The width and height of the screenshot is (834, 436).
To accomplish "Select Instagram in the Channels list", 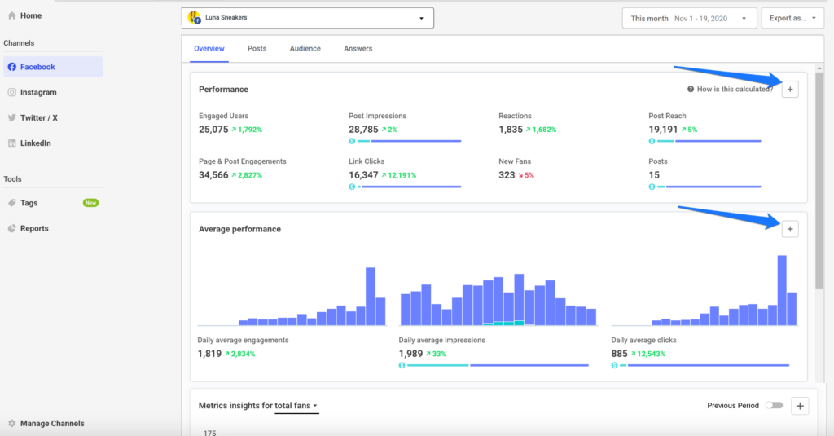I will tap(37, 92).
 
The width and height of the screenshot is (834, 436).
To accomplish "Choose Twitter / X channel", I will tap(38, 117).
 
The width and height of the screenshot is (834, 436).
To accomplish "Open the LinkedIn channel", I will tap(35, 143).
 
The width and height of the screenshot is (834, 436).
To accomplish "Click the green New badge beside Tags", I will tap(90, 203).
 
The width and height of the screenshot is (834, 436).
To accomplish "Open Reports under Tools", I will tap(34, 228).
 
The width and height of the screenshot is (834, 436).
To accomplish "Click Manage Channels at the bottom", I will tap(52, 423).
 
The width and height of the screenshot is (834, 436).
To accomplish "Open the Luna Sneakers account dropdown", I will tap(307, 18).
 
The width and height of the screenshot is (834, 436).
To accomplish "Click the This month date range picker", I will tap(688, 18).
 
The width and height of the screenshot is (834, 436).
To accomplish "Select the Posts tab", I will tap(257, 49).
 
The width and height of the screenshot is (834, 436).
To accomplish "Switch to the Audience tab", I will tap(305, 49).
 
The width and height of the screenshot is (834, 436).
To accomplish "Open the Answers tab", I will tap(358, 49).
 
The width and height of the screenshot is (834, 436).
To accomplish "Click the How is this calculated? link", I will tap(735, 89).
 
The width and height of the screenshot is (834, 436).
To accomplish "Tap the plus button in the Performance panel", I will tap(789, 89).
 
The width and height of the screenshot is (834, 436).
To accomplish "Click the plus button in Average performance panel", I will tap(789, 229).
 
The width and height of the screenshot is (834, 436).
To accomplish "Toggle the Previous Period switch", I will tap(775, 405).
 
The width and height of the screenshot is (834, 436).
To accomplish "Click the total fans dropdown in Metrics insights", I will tap(296, 405).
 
